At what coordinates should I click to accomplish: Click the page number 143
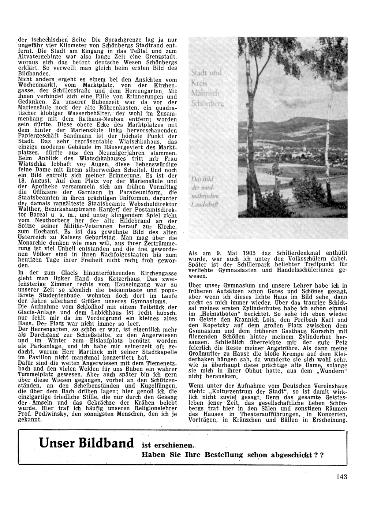pyautogui.click(x=341, y=476)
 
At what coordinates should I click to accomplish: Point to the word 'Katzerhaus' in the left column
pyautogui.click(x=113, y=279)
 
